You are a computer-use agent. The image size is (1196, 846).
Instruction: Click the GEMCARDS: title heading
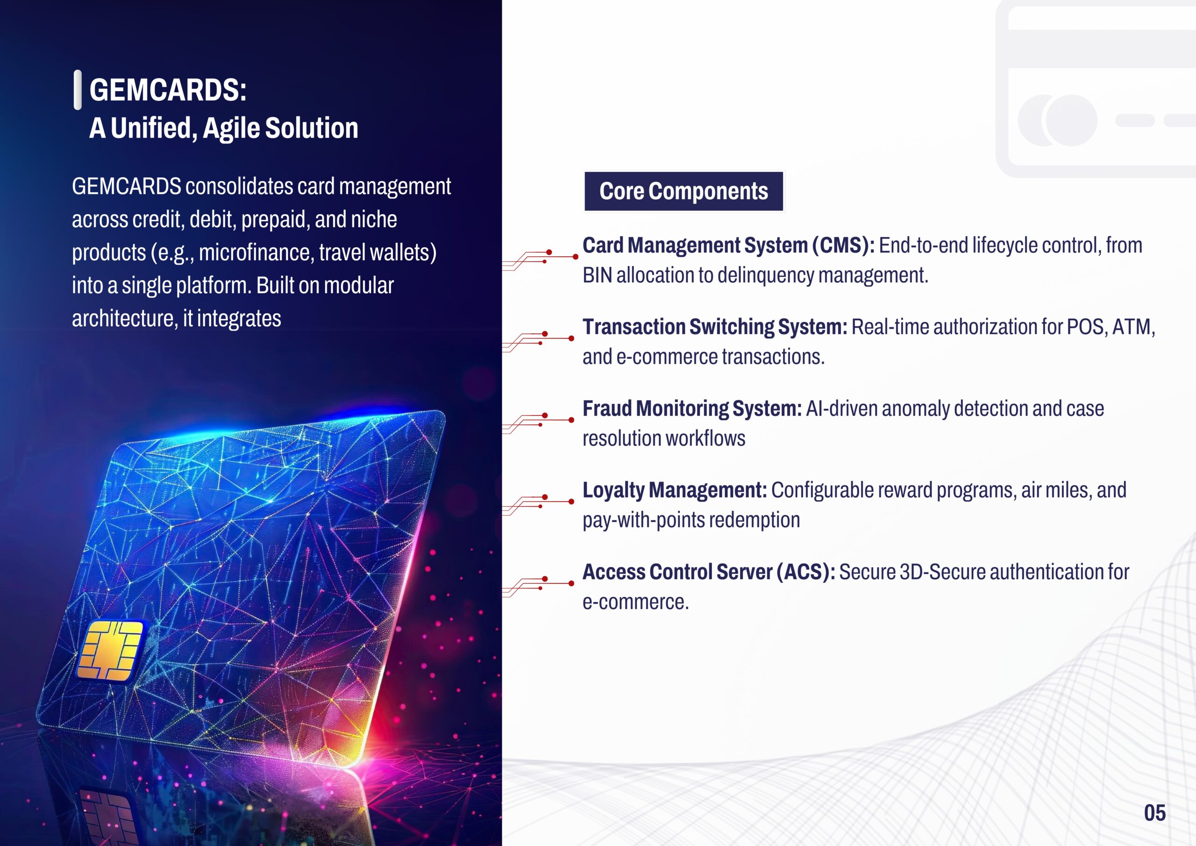[168, 90]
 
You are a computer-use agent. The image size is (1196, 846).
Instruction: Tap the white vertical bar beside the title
[78, 90]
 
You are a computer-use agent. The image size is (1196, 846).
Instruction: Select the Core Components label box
[683, 191]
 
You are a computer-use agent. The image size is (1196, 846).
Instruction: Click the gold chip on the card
[110, 651]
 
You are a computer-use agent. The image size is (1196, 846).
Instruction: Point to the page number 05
[1154, 813]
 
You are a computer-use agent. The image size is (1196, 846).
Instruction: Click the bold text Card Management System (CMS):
[728, 245]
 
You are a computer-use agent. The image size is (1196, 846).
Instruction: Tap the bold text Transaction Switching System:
[715, 327]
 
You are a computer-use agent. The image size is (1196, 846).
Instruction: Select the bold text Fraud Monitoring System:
[692, 409]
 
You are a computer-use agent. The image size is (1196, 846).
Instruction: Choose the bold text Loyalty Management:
[674, 490]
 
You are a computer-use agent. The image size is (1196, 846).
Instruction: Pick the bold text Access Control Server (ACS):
[708, 573]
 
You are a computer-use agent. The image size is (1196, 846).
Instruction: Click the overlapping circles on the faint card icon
[1057, 121]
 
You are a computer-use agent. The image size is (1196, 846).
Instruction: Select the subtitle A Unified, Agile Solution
[224, 128]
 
